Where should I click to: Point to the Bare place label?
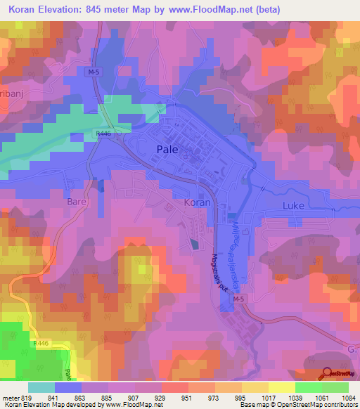pos(76,202)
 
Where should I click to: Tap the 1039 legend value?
pos(293,398)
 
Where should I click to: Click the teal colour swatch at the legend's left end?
pos(41,387)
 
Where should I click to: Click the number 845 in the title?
pos(96,11)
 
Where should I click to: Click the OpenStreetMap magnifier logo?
pos(326,373)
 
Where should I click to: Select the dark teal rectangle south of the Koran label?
pos(193,245)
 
